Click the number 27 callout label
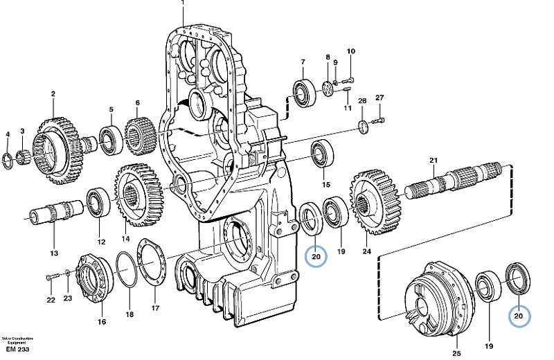[x=379, y=98]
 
